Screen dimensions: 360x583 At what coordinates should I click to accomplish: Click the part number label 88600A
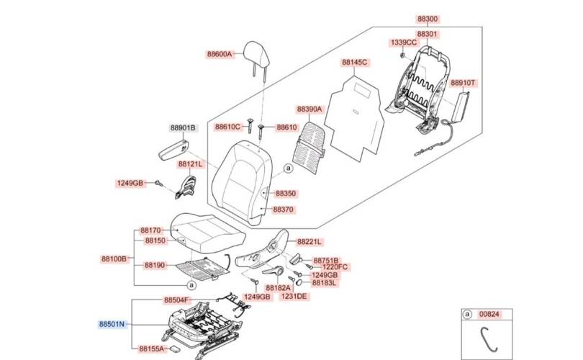(x=220, y=54)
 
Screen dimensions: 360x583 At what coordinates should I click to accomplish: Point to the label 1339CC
(x=404, y=43)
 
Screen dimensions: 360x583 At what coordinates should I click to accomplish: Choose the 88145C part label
(x=354, y=63)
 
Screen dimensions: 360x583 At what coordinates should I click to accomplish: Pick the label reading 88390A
(x=310, y=109)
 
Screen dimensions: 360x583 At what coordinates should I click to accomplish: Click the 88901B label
(x=183, y=128)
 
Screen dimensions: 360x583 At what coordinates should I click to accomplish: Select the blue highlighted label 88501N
(x=113, y=325)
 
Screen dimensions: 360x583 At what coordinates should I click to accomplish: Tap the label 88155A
(x=153, y=348)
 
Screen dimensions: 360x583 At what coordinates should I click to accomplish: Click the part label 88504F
(x=176, y=300)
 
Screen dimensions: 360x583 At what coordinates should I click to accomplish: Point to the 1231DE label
(x=294, y=297)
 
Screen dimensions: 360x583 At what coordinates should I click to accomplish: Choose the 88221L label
(x=309, y=242)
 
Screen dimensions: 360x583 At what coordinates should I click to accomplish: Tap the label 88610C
(x=227, y=127)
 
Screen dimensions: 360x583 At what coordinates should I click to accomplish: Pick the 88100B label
(x=114, y=258)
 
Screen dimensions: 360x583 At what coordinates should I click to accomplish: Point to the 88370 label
(x=283, y=210)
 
